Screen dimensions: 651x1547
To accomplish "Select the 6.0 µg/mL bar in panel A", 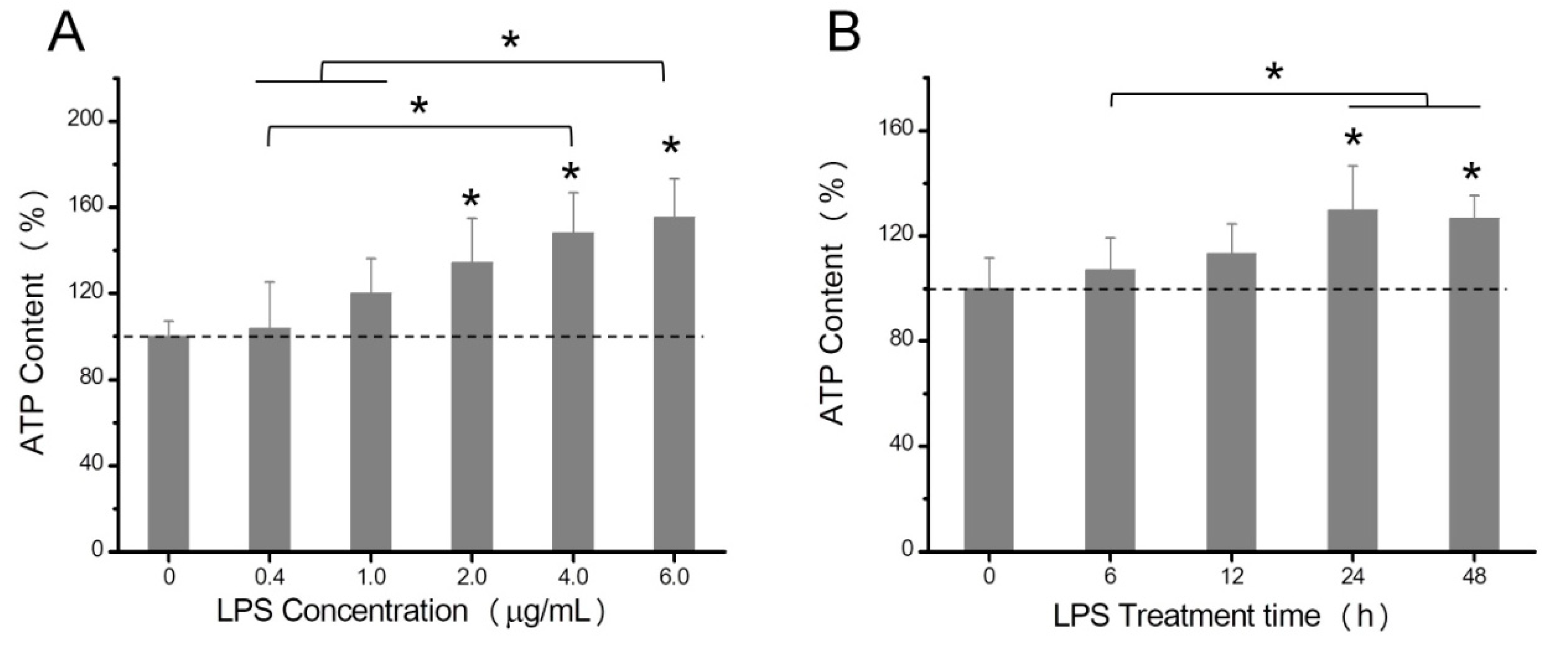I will point(674,384).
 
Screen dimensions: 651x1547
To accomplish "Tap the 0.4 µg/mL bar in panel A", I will point(270,438).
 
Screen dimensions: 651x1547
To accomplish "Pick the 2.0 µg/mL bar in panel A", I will point(472,408).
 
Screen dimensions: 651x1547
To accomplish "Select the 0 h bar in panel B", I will point(989,420).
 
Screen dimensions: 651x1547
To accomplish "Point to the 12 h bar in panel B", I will point(1231,402).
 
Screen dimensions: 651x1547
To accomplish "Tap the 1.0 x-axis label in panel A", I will point(371,578).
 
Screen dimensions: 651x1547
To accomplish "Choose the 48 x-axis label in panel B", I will point(1474,578).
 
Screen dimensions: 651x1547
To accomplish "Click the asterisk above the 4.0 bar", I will point(571,173).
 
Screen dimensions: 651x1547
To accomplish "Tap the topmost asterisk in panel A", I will point(510,41).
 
